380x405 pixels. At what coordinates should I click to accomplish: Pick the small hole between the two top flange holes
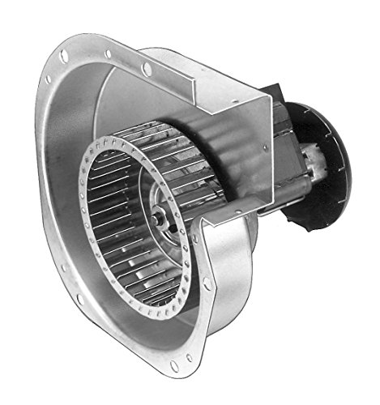pos(108,54)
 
